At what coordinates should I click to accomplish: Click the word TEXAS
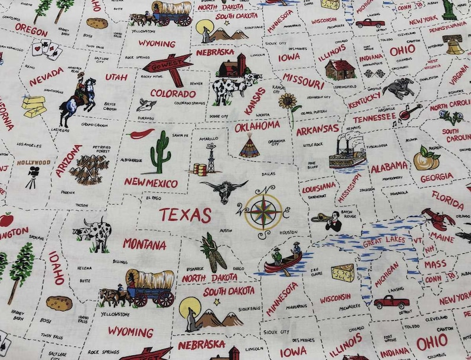(184, 215)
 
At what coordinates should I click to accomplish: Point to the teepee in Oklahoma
(249, 145)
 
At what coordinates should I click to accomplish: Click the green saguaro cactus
(160, 152)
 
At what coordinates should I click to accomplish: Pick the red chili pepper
(141, 133)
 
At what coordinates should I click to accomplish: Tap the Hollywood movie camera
(31, 177)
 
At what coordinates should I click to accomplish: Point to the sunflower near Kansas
(289, 104)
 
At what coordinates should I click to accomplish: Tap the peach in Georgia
(427, 158)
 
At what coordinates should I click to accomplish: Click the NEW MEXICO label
(151, 182)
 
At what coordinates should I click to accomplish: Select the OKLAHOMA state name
(257, 126)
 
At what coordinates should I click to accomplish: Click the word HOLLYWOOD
(34, 162)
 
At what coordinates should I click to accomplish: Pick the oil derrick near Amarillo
(211, 157)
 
